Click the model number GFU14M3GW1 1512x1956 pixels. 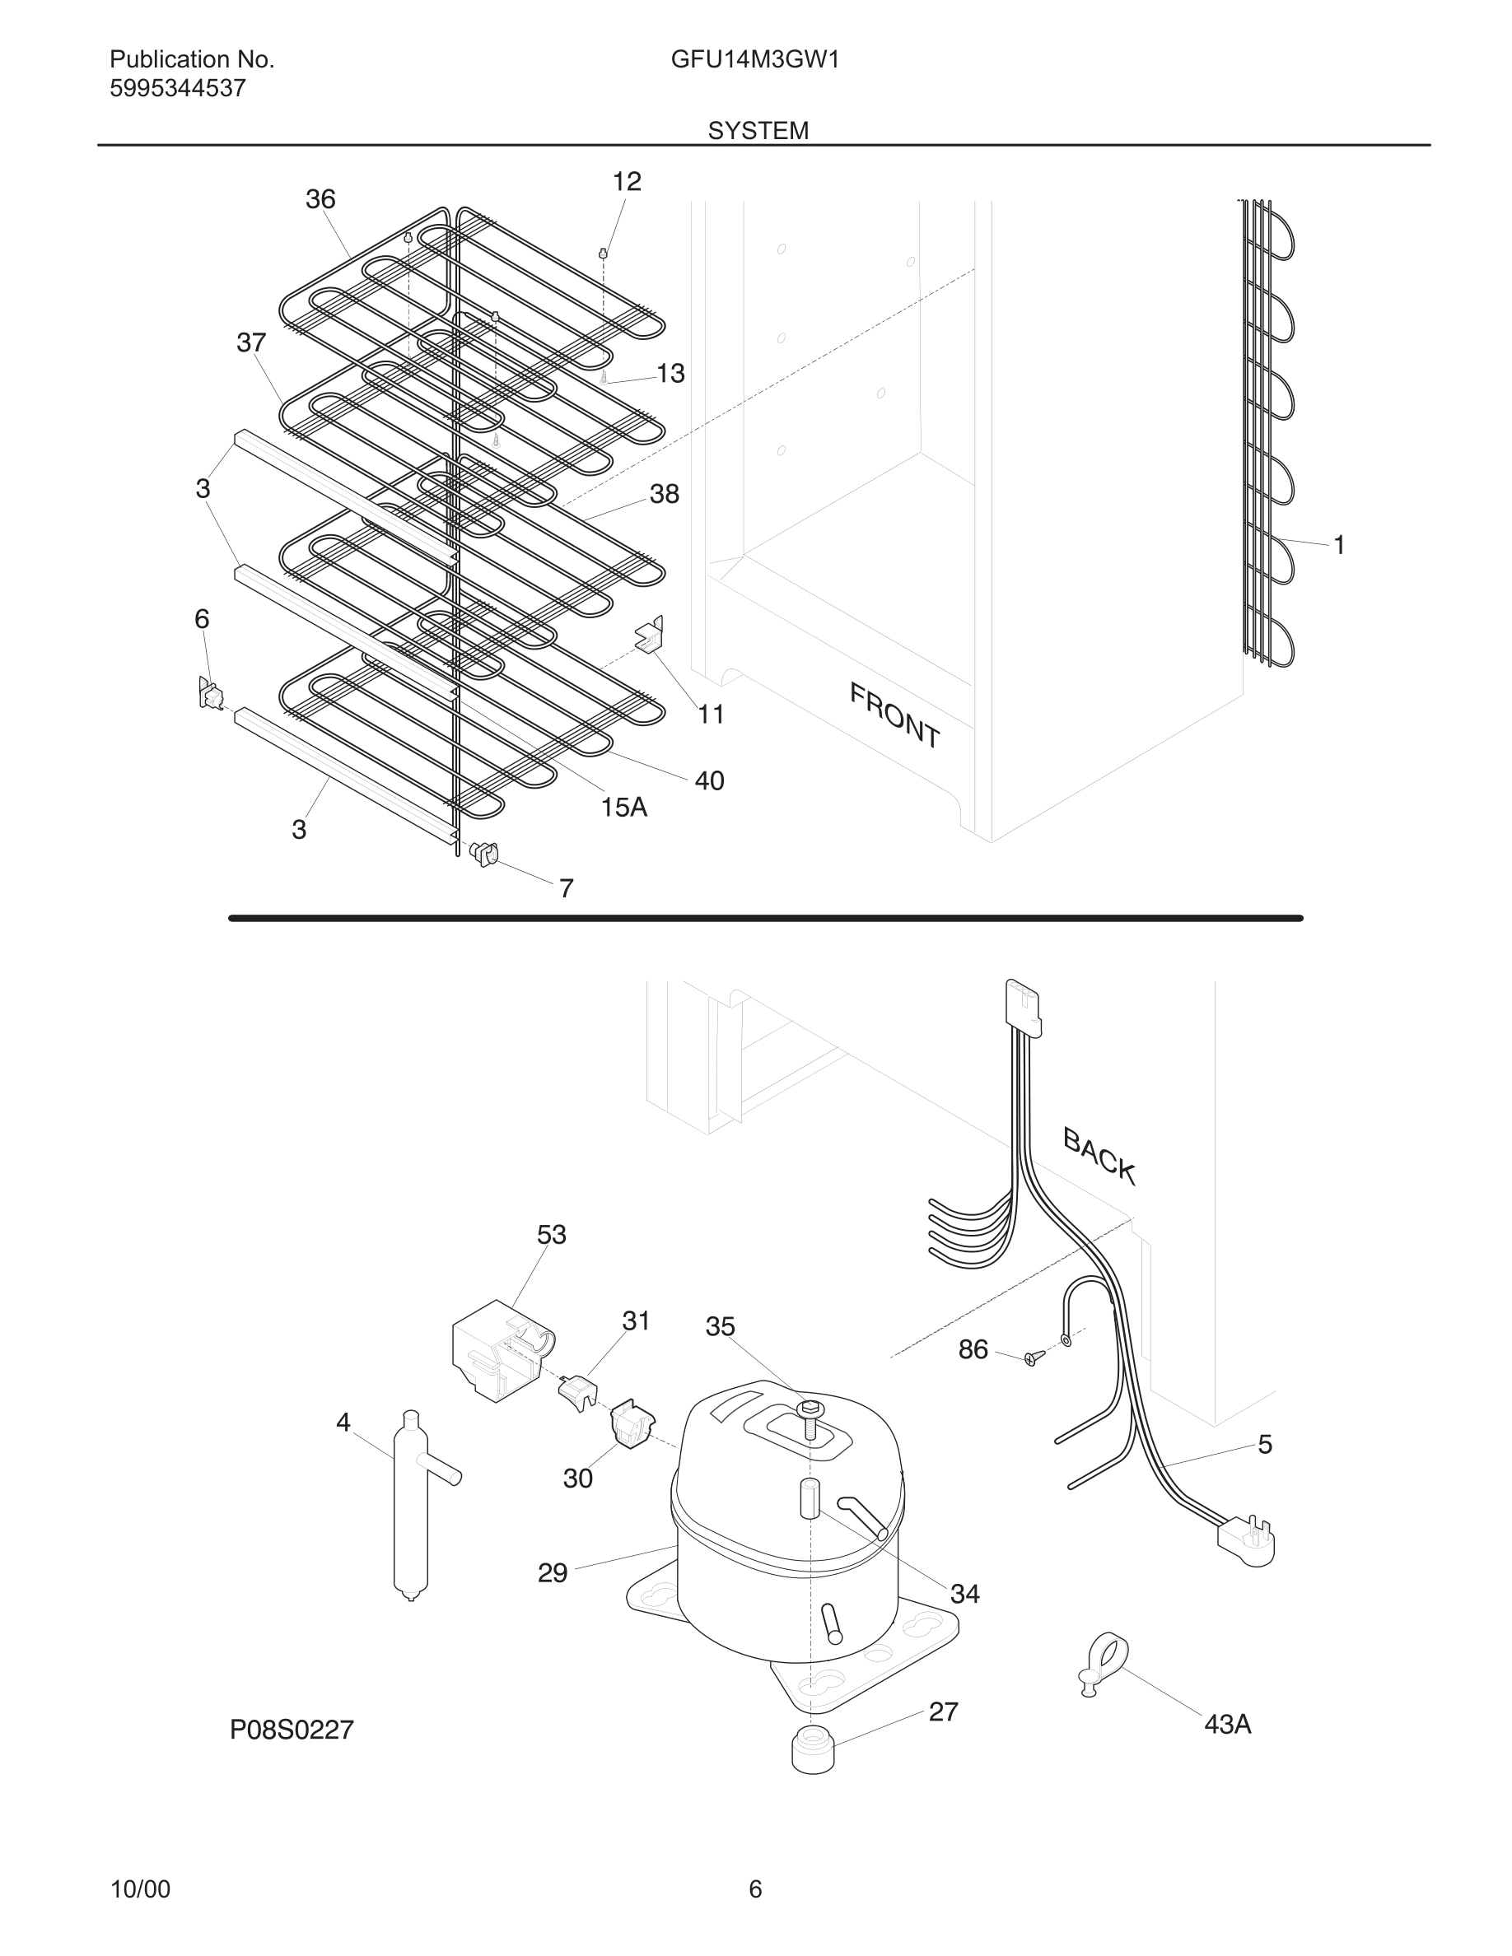point(754,60)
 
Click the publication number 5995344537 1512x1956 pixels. point(177,89)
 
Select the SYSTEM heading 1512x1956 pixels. point(758,131)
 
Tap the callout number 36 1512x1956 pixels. point(320,199)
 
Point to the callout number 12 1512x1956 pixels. point(626,182)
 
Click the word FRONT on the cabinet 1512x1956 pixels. point(894,715)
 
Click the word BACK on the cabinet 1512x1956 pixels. point(1099,1155)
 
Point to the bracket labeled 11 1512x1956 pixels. point(650,635)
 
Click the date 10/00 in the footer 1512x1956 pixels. point(140,1888)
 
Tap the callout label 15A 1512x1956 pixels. point(623,807)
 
